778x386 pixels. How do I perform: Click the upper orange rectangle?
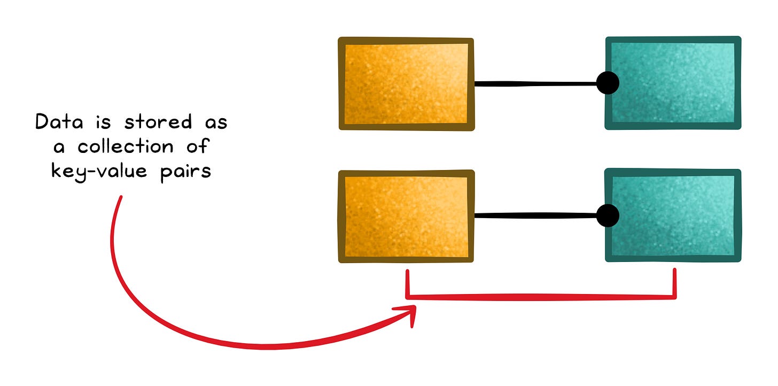406,83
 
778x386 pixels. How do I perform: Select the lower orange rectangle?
406,216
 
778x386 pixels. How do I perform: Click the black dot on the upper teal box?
607,83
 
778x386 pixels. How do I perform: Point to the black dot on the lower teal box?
607,215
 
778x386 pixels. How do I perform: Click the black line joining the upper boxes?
534,83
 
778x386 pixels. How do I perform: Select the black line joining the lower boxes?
534,215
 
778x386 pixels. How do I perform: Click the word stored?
158,122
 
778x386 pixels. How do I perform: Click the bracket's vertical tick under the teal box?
674,282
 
